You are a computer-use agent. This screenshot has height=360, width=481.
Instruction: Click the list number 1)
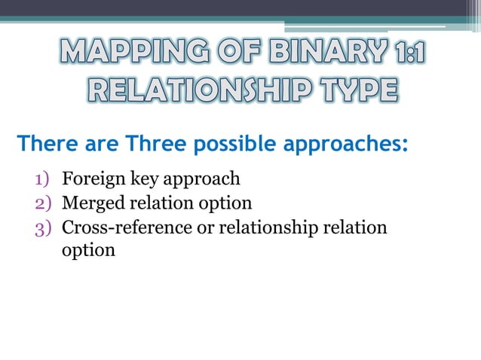[44, 179]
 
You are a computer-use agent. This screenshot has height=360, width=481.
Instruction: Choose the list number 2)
[44, 203]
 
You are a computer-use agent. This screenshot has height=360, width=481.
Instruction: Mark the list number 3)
[44, 227]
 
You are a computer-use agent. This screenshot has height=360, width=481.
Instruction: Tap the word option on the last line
[87, 251]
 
